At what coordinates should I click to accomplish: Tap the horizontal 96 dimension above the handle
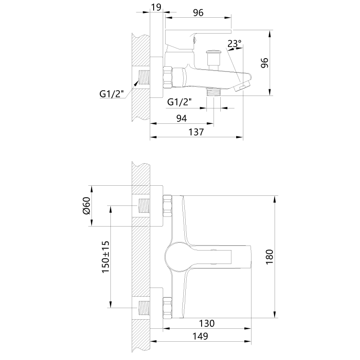(198, 13)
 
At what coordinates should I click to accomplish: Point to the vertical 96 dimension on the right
(264, 63)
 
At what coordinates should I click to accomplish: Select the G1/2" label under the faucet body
(180, 102)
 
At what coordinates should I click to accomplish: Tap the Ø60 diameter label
(86, 205)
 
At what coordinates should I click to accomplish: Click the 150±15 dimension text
(106, 257)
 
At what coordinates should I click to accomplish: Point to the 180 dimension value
(269, 257)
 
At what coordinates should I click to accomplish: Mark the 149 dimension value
(200, 336)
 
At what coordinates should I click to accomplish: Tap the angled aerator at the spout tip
(241, 87)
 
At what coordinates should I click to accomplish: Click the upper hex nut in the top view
(168, 205)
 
